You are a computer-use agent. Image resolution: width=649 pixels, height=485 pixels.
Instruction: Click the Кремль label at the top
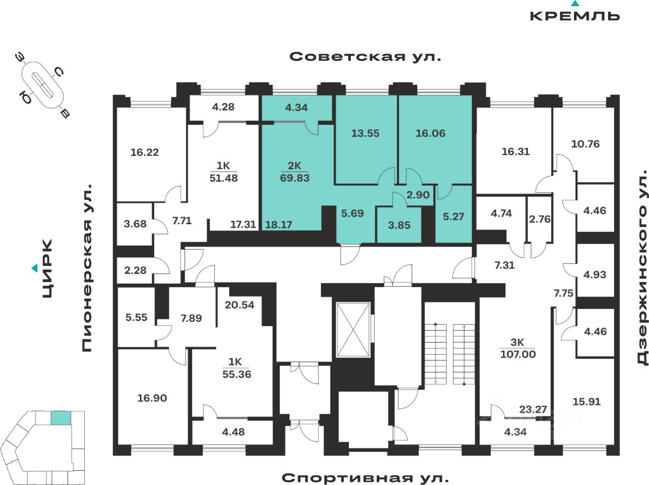pyautogui.click(x=574, y=15)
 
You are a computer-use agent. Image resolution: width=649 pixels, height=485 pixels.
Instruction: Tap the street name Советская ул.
pyautogui.click(x=365, y=56)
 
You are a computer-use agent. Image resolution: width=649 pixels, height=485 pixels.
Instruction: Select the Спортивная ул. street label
pyautogui.click(x=365, y=477)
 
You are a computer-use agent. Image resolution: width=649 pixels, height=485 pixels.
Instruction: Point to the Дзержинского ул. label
pyautogui.click(x=642, y=268)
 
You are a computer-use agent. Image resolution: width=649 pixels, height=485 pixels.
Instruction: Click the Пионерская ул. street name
pyautogui.click(x=87, y=268)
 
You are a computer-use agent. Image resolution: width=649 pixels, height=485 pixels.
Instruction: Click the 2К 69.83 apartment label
pyautogui.click(x=295, y=172)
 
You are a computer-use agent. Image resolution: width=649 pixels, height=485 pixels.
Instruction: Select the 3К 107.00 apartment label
pyautogui.click(x=518, y=349)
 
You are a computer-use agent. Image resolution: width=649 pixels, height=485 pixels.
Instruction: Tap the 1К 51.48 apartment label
pyautogui.click(x=224, y=172)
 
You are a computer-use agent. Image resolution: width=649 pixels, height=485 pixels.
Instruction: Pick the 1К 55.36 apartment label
pyautogui.click(x=236, y=368)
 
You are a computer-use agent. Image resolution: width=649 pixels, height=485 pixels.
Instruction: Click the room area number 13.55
pyautogui.click(x=365, y=133)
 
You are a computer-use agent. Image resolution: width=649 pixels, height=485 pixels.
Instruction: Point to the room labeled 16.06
pyautogui.click(x=430, y=133)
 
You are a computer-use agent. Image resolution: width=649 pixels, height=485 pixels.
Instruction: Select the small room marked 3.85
pyautogui.click(x=399, y=225)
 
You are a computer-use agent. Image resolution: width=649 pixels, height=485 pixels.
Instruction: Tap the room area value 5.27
pyautogui.click(x=453, y=217)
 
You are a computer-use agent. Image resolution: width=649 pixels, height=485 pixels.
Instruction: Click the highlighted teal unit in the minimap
pyautogui.click(x=60, y=418)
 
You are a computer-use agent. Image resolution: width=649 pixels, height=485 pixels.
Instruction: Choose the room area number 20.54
pyautogui.click(x=239, y=305)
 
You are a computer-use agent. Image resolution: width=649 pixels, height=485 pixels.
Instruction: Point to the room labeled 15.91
pyautogui.click(x=586, y=401)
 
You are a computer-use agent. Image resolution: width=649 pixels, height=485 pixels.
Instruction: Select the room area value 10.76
pyautogui.click(x=585, y=144)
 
